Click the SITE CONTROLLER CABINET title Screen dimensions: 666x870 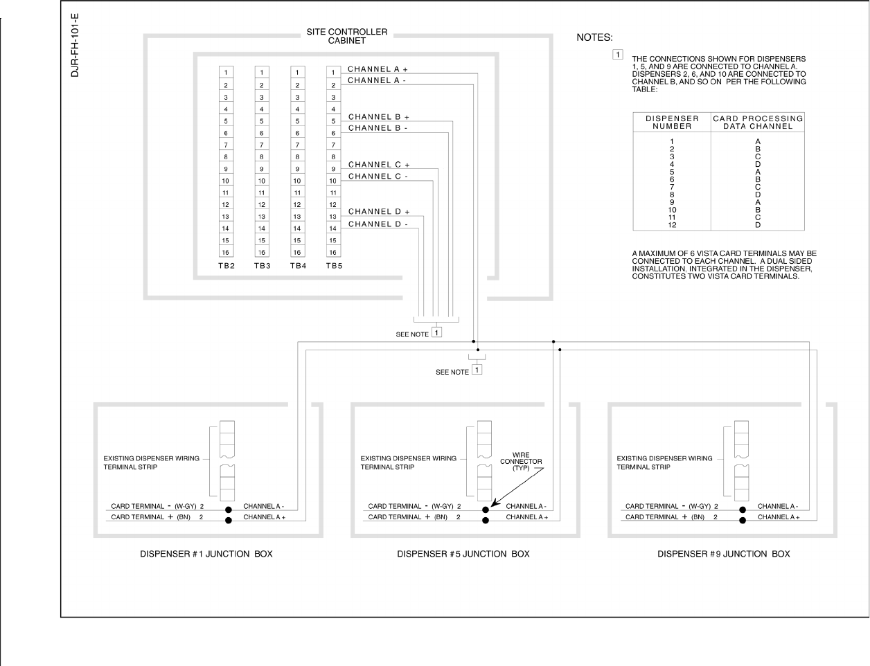tap(347, 36)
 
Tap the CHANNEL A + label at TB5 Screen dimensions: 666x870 tap(378, 69)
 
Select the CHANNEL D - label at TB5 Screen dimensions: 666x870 tap(378, 224)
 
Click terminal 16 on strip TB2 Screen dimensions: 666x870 tap(226, 253)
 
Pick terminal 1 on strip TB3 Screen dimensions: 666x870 tap(262, 73)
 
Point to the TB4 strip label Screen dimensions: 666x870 tap(298, 266)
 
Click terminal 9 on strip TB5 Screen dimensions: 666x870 tap(333, 169)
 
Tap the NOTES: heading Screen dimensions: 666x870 tap(594, 37)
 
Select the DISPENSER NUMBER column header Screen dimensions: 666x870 tap(672, 123)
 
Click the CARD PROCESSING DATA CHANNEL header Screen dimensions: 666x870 tap(758, 123)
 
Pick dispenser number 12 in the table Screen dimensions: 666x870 tap(672, 225)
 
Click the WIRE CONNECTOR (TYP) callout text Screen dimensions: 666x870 tap(521, 462)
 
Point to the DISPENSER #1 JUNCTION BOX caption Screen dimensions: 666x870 tap(206, 554)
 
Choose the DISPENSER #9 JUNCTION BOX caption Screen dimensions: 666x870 tap(723, 554)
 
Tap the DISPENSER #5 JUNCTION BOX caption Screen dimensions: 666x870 tap(463, 554)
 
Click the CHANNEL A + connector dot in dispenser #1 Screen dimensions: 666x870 tap(228, 521)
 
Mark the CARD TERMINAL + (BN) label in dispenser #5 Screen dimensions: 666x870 tap(408, 517)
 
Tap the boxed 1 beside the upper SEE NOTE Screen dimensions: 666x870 tap(436, 332)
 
